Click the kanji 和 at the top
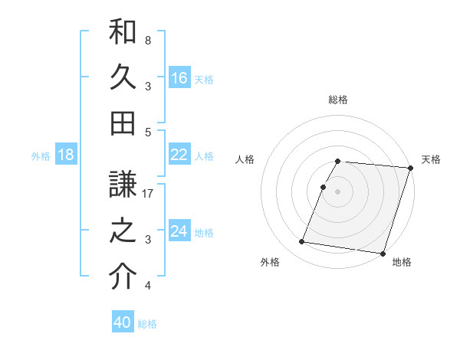click(x=123, y=32)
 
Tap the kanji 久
click(x=123, y=77)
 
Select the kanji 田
click(x=123, y=123)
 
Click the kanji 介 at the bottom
click(x=123, y=277)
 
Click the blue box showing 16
click(x=179, y=77)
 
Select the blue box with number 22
click(x=179, y=155)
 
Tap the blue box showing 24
click(x=179, y=232)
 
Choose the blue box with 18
click(x=66, y=155)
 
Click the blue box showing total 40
click(x=123, y=322)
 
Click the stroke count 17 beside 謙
click(x=149, y=195)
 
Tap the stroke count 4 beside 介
click(x=148, y=286)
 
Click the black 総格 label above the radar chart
click(x=338, y=100)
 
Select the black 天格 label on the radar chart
click(x=431, y=159)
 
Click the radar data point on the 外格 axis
click(x=301, y=242)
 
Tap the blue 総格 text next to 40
click(x=147, y=323)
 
